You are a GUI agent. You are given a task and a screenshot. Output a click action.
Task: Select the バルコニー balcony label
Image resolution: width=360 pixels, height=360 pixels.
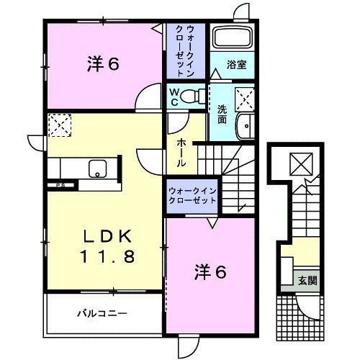102,313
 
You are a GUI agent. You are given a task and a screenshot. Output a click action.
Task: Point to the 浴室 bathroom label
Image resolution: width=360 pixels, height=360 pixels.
236,65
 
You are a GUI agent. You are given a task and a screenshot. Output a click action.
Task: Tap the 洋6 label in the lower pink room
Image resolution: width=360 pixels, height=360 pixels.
210,272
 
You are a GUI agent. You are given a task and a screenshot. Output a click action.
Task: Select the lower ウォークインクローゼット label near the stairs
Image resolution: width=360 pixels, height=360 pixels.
192,196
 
